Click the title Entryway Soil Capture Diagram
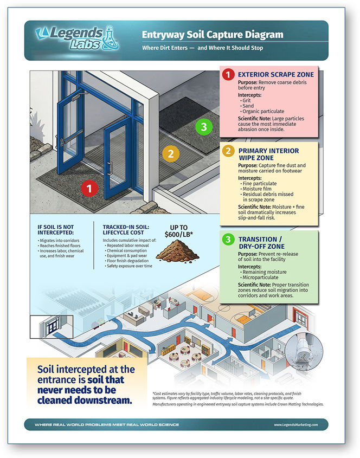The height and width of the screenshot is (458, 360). [x=213, y=35]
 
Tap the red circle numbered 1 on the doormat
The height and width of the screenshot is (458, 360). [x=89, y=189]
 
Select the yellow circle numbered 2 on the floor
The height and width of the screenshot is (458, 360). [x=170, y=153]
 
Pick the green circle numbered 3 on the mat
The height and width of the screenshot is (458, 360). [x=203, y=127]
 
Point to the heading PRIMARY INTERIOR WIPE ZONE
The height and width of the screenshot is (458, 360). [x=269, y=155]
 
